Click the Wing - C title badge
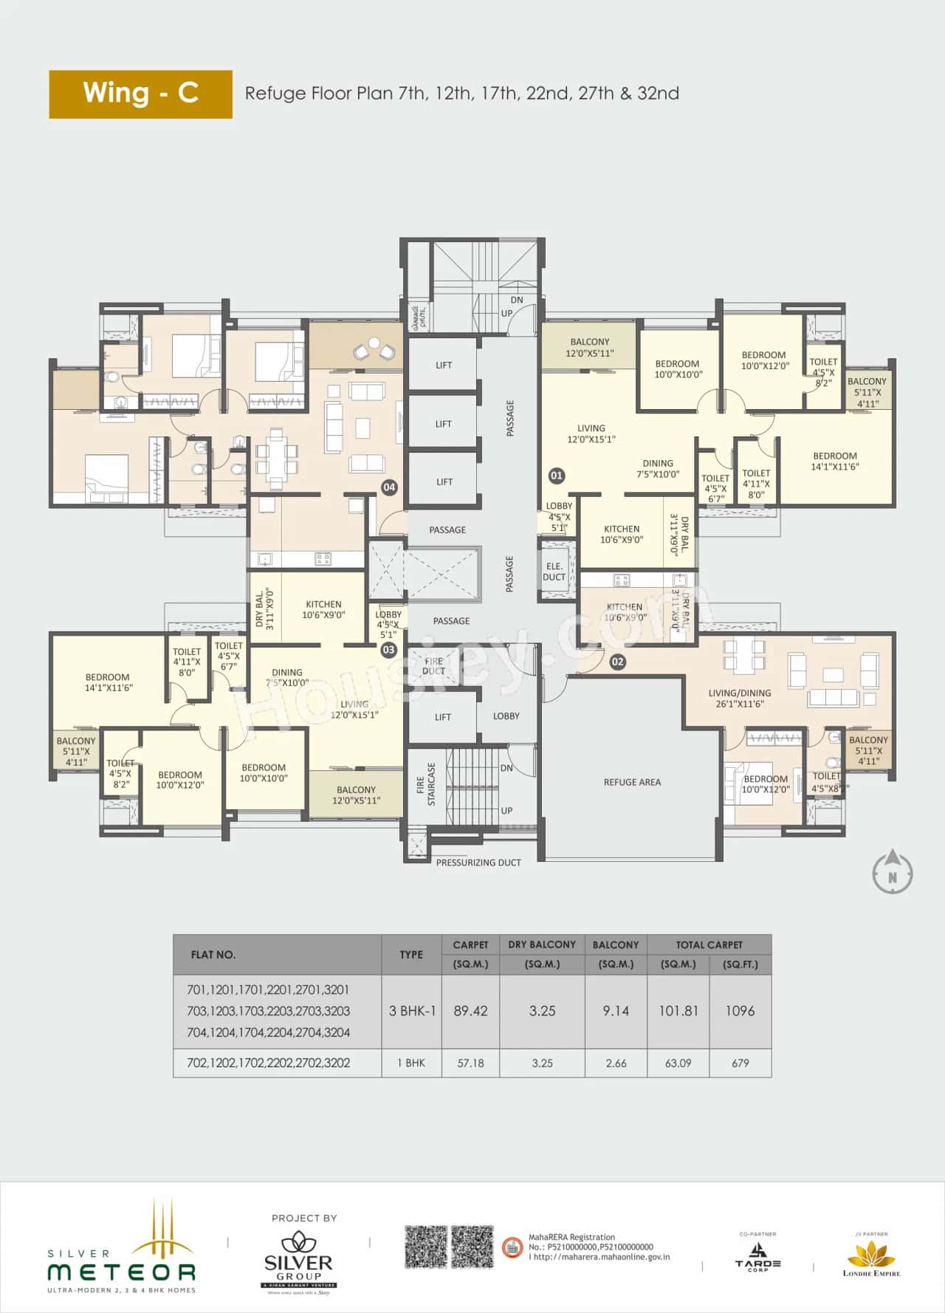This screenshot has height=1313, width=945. click(x=140, y=94)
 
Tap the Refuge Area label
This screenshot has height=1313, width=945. click(x=632, y=782)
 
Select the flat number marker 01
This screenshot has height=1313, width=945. click(x=557, y=476)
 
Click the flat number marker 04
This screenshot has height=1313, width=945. click(x=389, y=487)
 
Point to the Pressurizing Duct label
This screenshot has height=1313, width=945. click(x=478, y=863)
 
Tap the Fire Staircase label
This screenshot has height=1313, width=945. click(x=426, y=784)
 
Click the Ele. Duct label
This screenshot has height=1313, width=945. click(x=554, y=572)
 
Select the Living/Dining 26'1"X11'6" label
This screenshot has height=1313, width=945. click(x=739, y=699)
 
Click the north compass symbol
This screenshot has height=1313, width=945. click(x=892, y=872)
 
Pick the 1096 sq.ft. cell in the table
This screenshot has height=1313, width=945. click(x=740, y=1011)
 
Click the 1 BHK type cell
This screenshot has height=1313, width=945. click(x=411, y=1063)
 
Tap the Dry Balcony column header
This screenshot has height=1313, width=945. click(x=542, y=945)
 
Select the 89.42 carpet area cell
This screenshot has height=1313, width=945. click(x=470, y=1011)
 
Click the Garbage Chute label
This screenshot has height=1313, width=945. click(x=415, y=318)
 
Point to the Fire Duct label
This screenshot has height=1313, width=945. click(x=433, y=666)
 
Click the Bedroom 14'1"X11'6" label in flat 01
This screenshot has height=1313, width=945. click(x=834, y=461)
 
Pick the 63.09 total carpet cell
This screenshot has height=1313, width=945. click(x=678, y=1063)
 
